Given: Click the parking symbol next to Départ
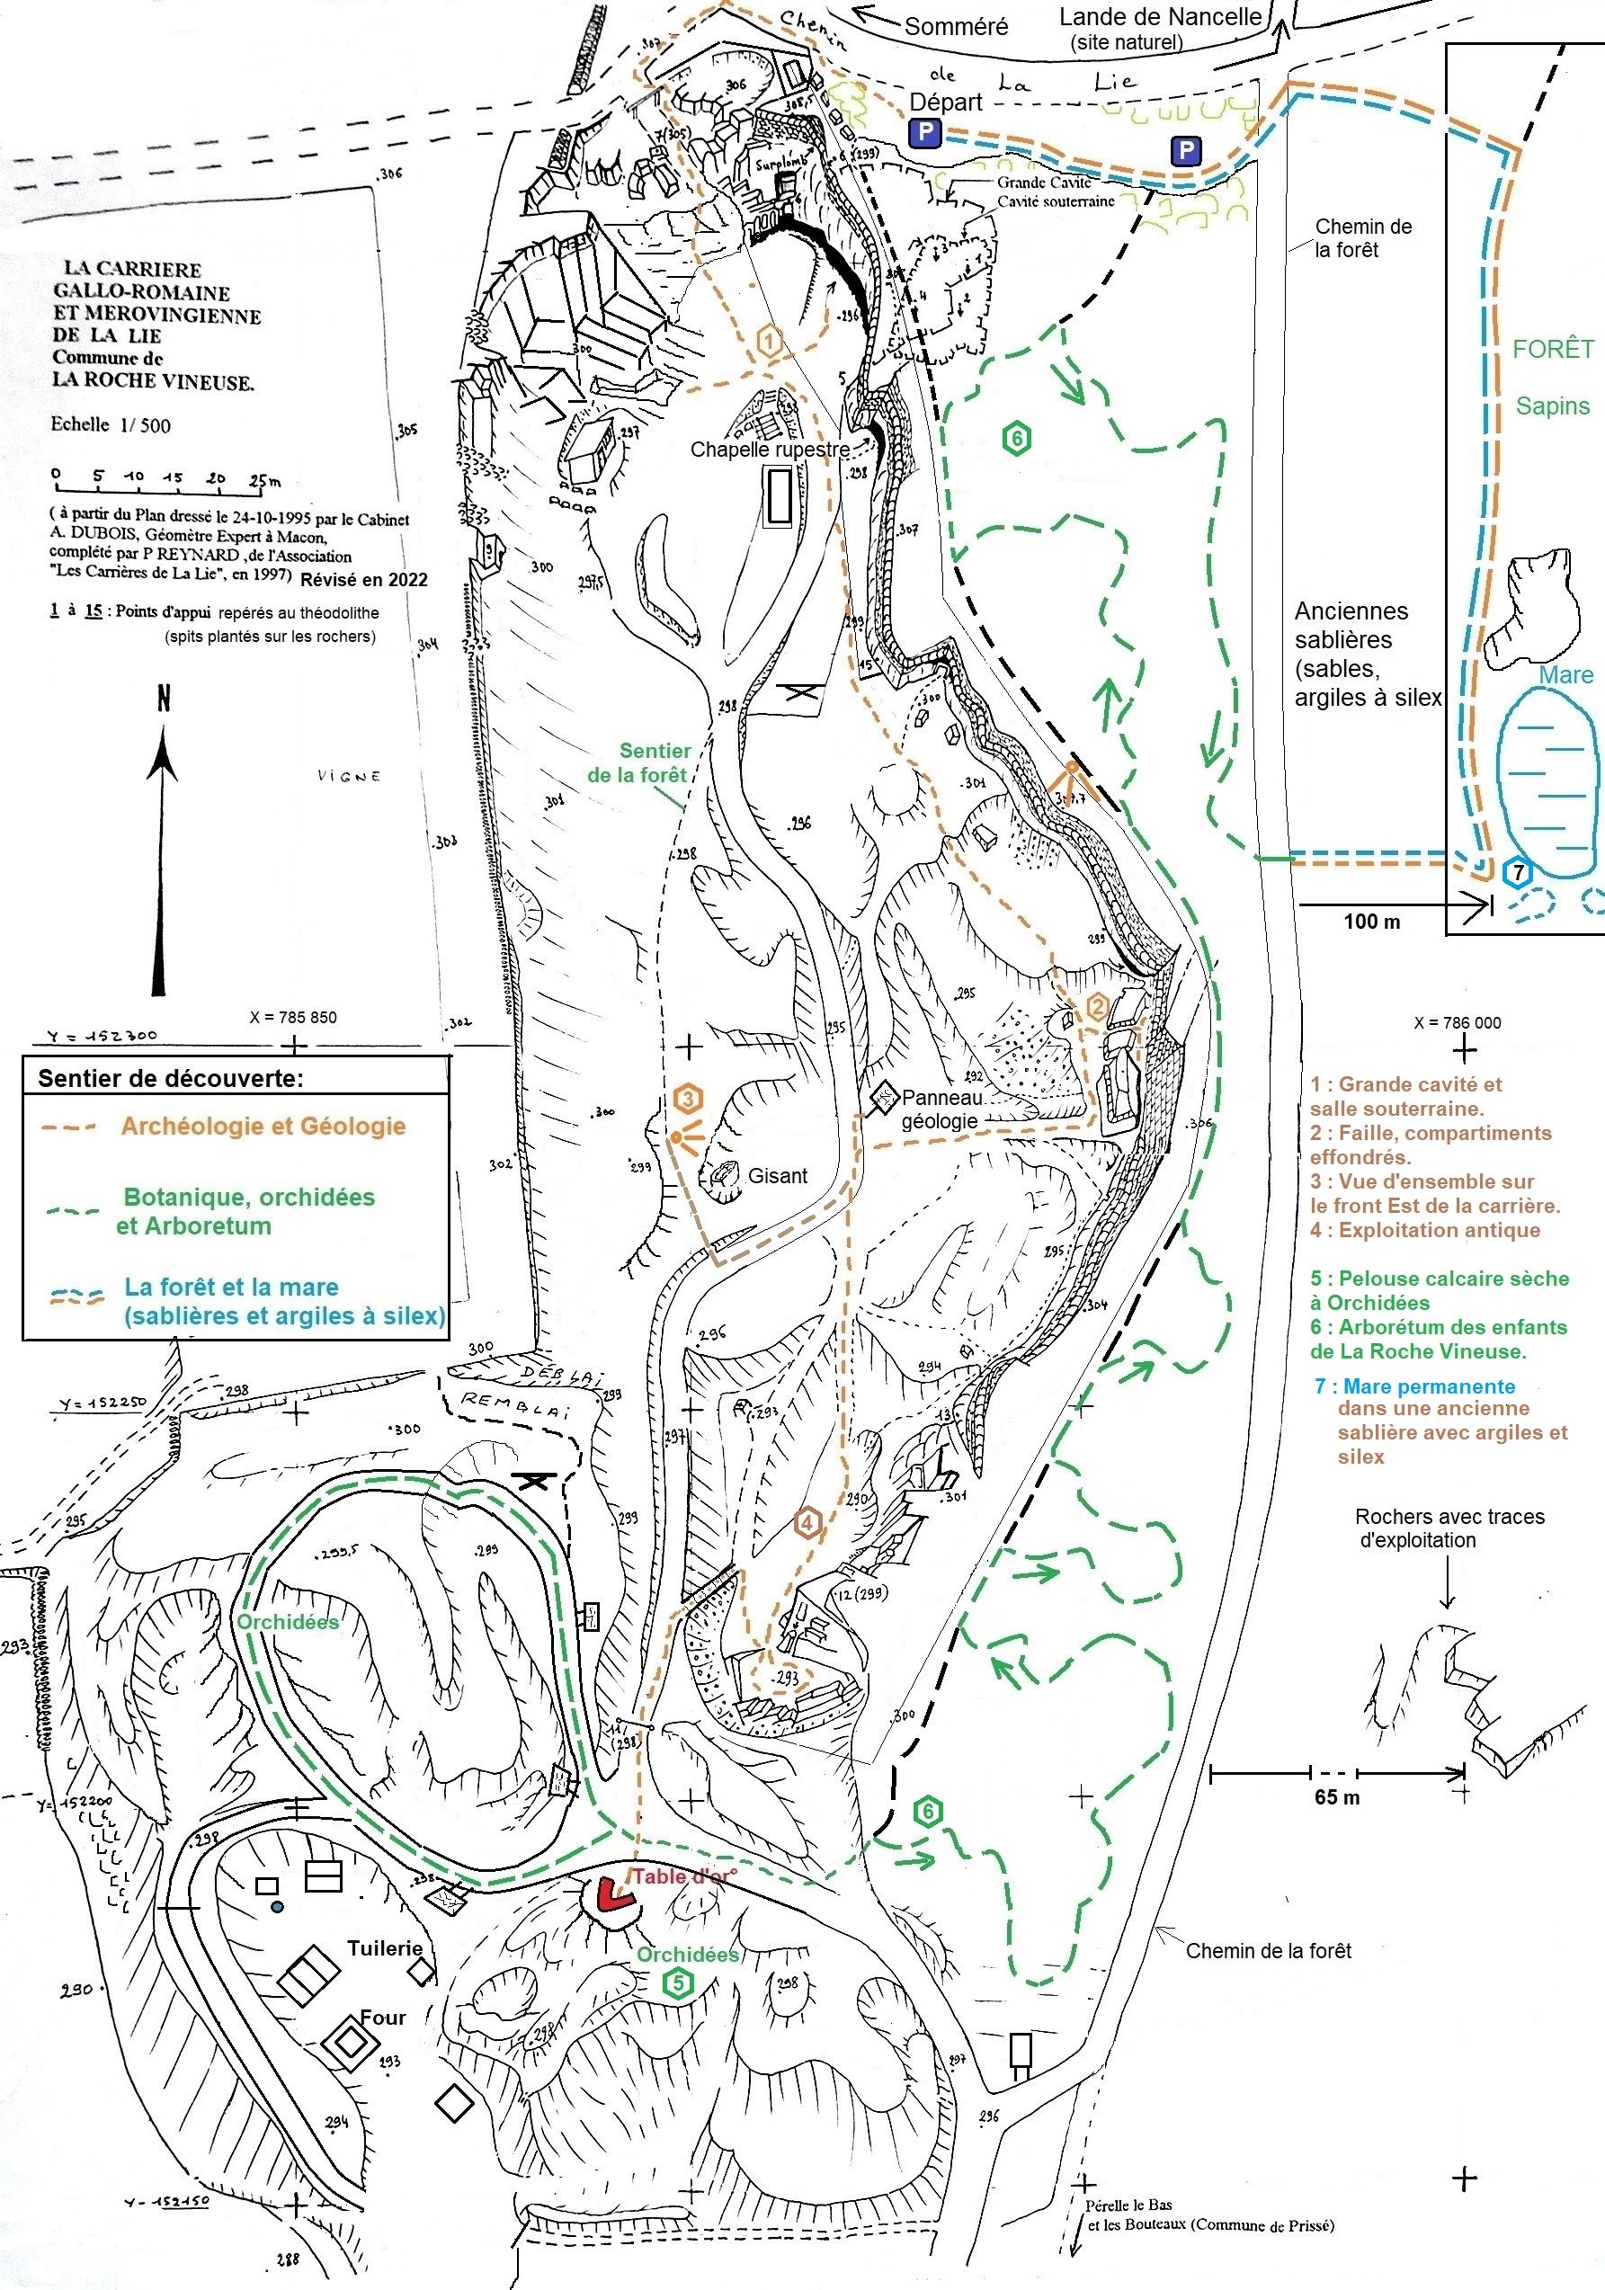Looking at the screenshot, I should [x=923, y=133].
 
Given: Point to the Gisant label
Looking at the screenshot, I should [x=777, y=1176].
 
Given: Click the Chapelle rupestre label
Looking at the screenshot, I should [x=770, y=450].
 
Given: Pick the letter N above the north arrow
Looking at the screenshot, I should [x=164, y=699].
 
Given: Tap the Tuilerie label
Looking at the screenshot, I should [x=385, y=1947].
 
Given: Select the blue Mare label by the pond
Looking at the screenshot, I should [x=1565, y=675].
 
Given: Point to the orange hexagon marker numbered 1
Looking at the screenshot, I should [x=769, y=341].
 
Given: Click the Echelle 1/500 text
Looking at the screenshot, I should [x=111, y=425].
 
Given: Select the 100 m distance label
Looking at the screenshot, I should [x=1371, y=922].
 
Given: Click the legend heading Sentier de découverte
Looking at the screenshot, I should [x=171, y=1078].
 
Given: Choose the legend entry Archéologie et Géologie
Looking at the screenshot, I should [x=263, y=1126].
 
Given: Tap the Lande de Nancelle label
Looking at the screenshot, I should [x=1160, y=17].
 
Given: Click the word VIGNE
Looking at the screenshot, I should [x=349, y=776].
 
